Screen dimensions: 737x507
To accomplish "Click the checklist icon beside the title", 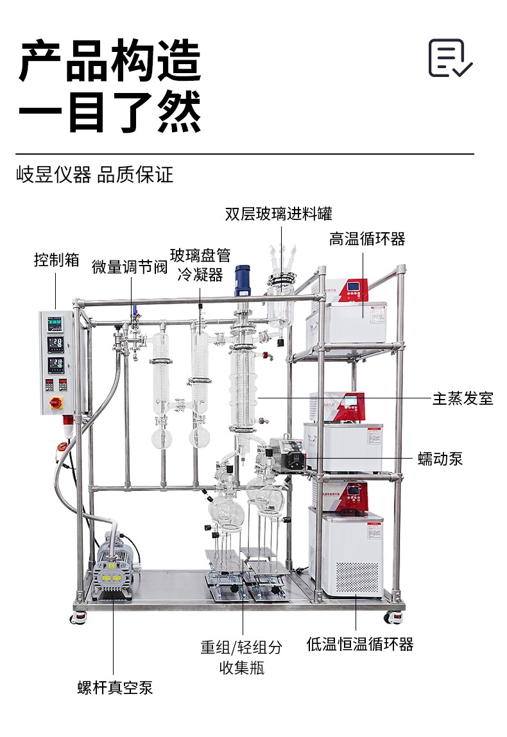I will coord(450,58).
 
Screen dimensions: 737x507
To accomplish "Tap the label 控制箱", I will coord(56,260).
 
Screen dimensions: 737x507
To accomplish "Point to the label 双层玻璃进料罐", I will coord(279,214).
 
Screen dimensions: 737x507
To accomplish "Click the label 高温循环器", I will coord(367,239).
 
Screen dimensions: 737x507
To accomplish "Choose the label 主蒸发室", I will coord(463,398).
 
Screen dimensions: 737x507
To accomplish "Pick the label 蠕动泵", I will coord(440,459).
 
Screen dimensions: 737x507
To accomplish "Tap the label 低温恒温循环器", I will coord(359,645).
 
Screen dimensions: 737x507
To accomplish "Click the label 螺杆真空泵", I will coord(116,688).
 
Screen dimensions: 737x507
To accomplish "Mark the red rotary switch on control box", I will coord(55,403).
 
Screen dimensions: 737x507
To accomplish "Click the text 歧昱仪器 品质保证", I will coord(95,174).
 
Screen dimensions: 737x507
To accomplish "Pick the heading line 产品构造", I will coord(110,61).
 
